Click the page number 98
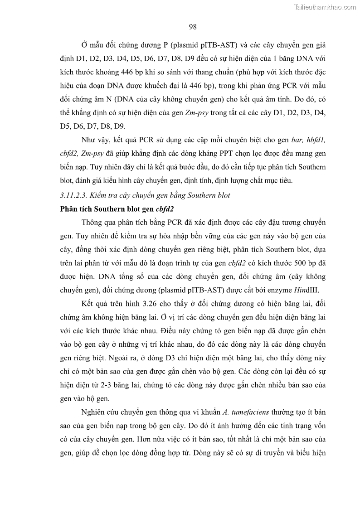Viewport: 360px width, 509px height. point(192,27)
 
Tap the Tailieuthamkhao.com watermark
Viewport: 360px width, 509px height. point(325,7)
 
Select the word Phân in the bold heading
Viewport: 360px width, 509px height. point(69,209)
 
